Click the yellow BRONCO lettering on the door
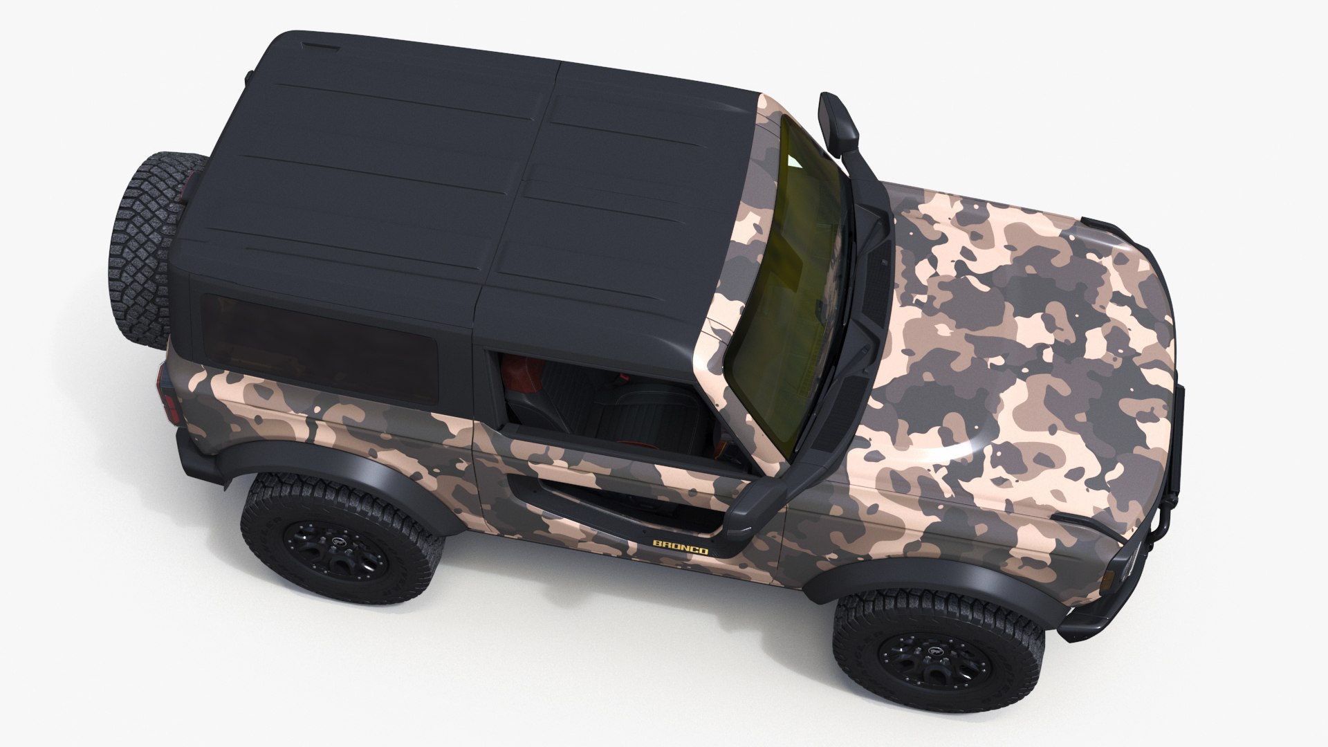681,547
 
